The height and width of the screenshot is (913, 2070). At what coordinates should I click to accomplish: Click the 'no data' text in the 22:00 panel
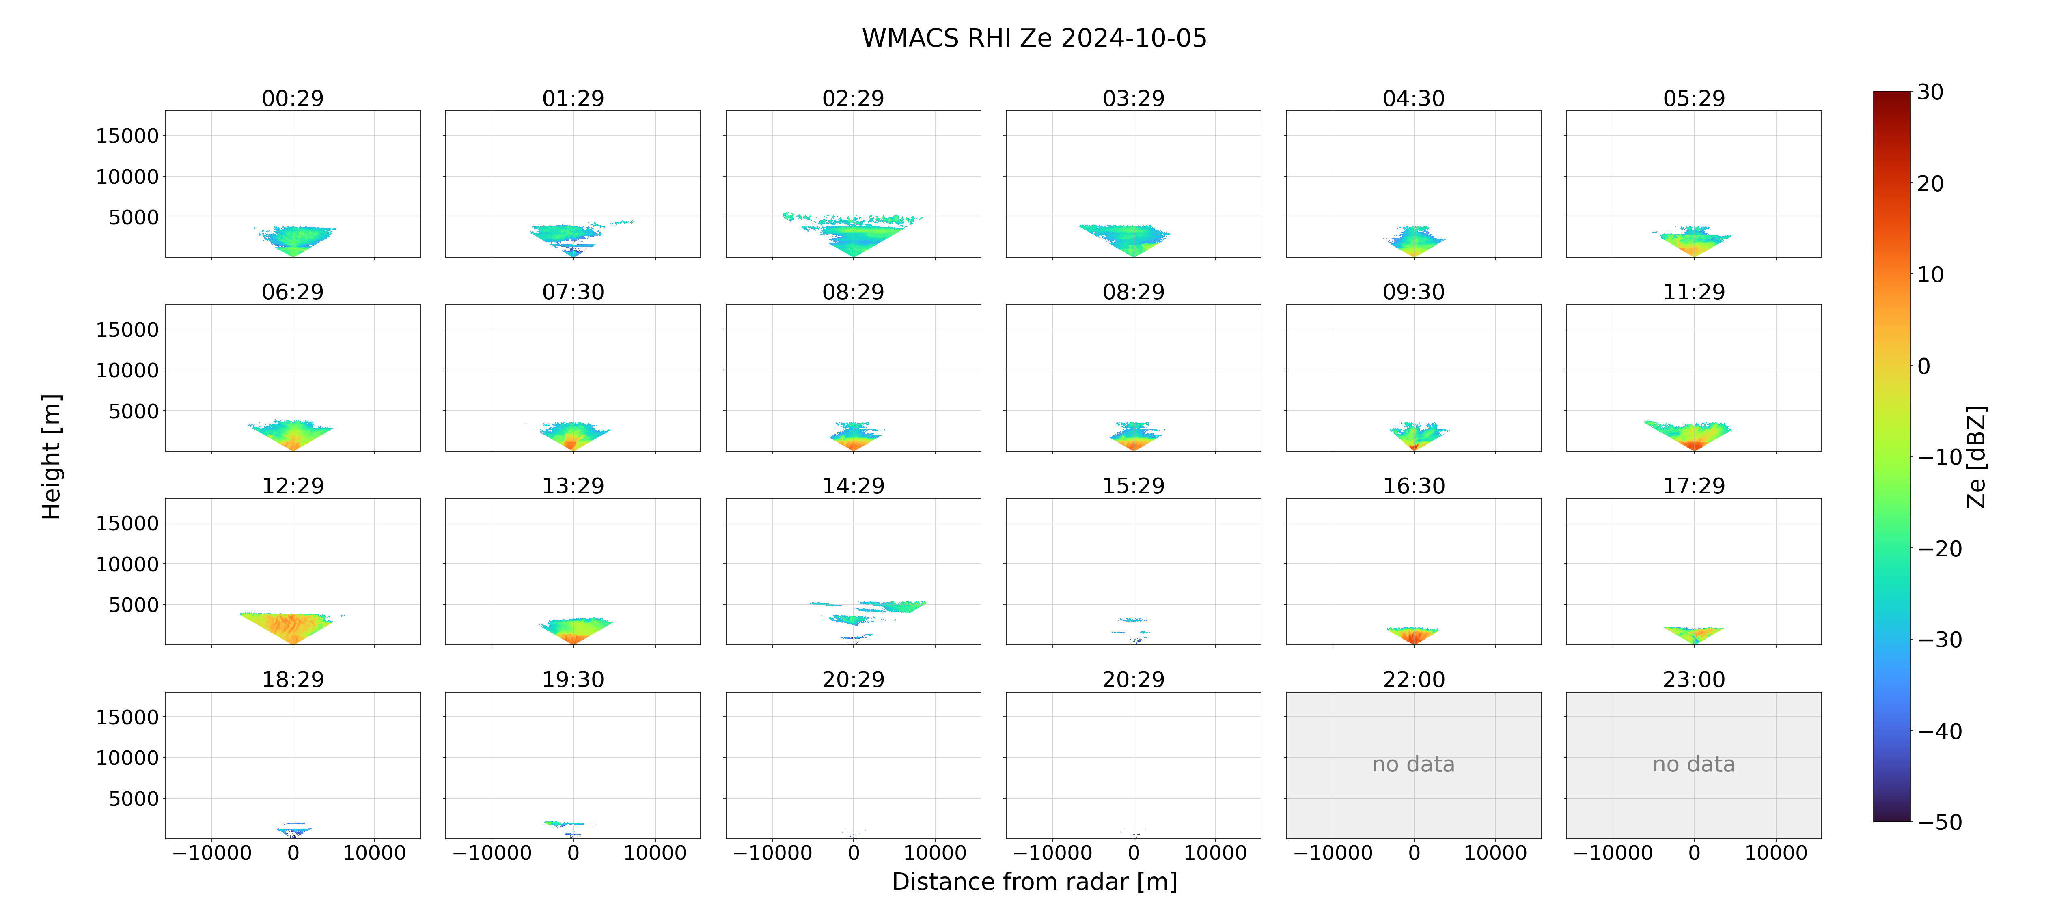tap(1413, 764)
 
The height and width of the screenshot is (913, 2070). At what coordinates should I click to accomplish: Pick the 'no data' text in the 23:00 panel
tap(1694, 764)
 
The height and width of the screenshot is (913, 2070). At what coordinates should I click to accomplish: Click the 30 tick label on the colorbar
tap(1930, 93)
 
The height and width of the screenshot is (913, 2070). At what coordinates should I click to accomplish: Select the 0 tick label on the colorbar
tap(1924, 366)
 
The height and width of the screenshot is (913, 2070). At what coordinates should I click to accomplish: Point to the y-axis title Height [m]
tap(52, 456)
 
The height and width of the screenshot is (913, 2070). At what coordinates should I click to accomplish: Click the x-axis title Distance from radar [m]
tap(1034, 882)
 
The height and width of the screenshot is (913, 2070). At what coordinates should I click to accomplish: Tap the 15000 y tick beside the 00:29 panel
tap(127, 136)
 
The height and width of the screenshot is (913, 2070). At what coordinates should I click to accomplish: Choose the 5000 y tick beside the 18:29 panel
tap(134, 799)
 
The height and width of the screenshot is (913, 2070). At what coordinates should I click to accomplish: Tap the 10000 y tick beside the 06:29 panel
tap(127, 370)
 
